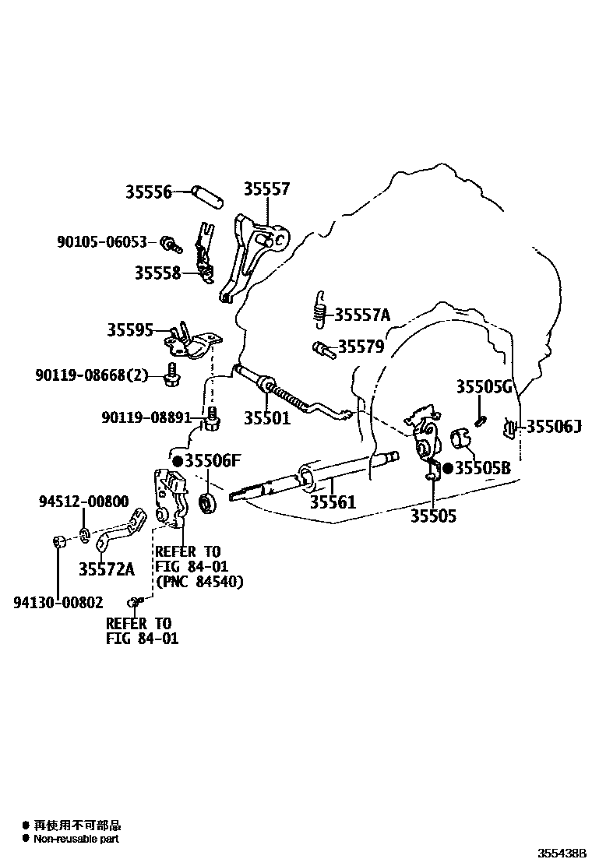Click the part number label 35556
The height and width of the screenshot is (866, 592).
(x=148, y=192)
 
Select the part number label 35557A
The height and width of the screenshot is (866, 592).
(x=361, y=315)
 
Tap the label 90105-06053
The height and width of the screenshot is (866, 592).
(x=102, y=242)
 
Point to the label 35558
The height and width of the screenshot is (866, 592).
(x=157, y=273)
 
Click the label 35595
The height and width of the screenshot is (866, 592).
(x=130, y=330)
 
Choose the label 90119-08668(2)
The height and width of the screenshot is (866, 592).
(x=91, y=375)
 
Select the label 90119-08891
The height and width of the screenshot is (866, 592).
(x=146, y=417)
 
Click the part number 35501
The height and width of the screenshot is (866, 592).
(x=266, y=418)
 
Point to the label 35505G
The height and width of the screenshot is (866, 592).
(x=484, y=387)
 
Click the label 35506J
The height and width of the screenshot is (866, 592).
(x=554, y=426)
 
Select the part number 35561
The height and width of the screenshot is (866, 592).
(x=333, y=502)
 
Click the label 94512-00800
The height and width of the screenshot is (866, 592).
(x=84, y=502)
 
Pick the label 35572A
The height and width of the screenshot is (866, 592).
(x=106, y=569)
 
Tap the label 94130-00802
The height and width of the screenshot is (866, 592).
(x=58, y=601)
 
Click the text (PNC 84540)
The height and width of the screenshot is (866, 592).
(x=199, y=582)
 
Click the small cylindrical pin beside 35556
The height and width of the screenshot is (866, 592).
(x=210, y=193)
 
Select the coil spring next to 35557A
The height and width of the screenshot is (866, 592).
(x=318, y=309)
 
